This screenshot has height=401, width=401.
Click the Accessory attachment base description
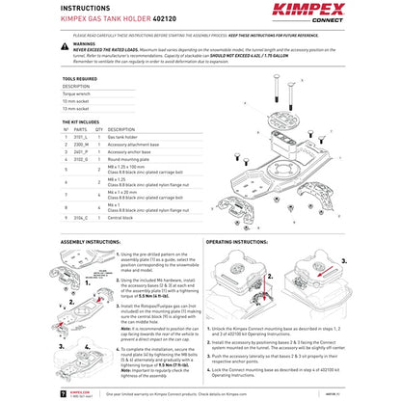[x=136, y=145]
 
